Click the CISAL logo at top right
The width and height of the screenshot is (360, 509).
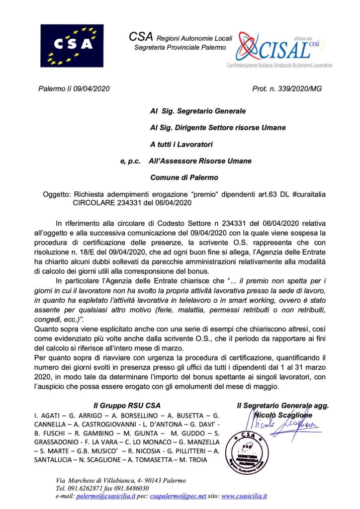click(x=284, y=50)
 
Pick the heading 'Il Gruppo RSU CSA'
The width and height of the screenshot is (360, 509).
click(x=129, y=406)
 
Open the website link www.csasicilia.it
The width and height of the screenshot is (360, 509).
click(x=244, y=496)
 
